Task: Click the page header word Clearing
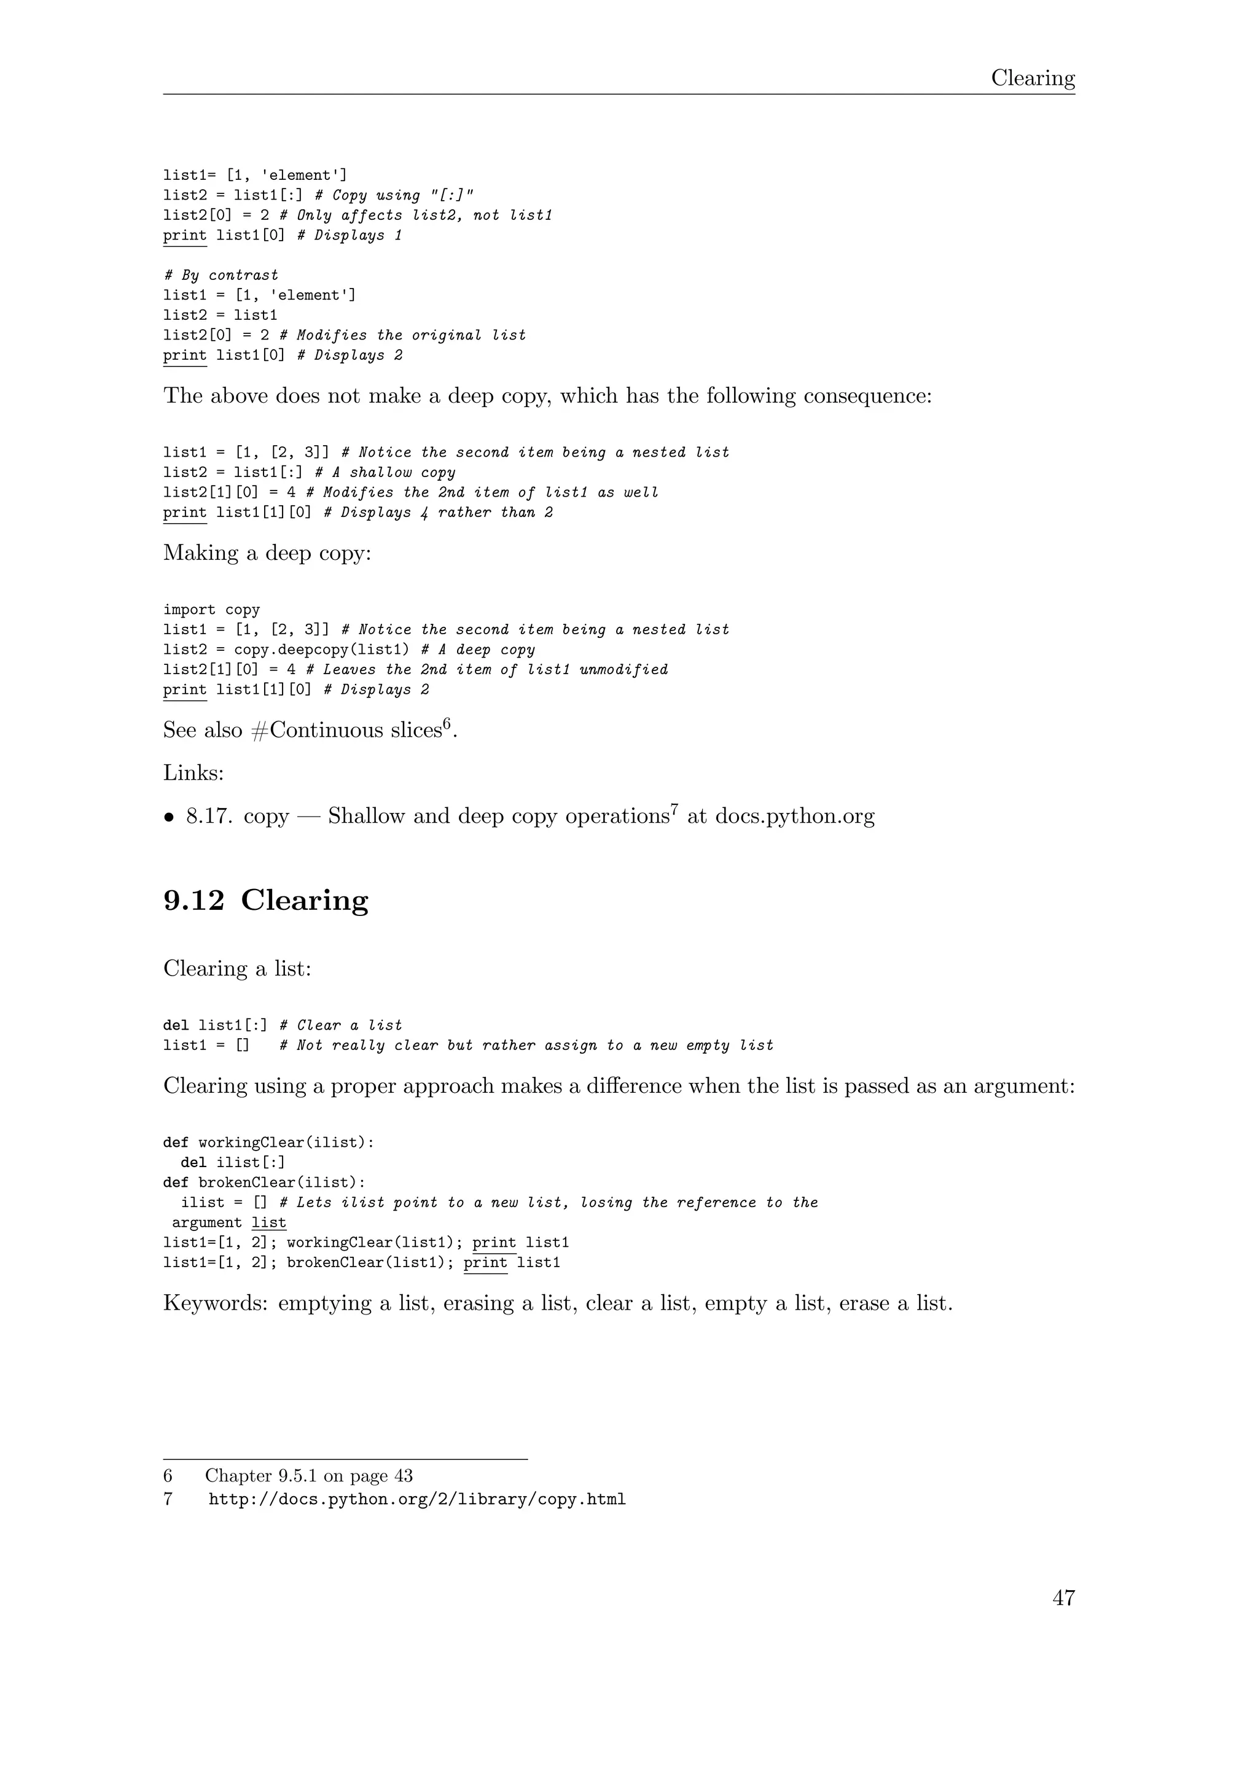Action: pos(1033,78)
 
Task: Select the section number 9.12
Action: pos(193,900)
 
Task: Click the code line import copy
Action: pos(211,610)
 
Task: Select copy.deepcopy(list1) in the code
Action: pos(321,650)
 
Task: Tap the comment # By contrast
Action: pos(221,275)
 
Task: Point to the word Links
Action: pos(193,772)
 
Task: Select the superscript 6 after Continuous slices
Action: pos(447,723)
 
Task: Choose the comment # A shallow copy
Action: pos(385,472)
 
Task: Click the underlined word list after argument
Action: pos(269,1223)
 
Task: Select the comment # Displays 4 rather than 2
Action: pos(438,513)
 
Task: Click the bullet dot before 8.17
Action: pos(169,817)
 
